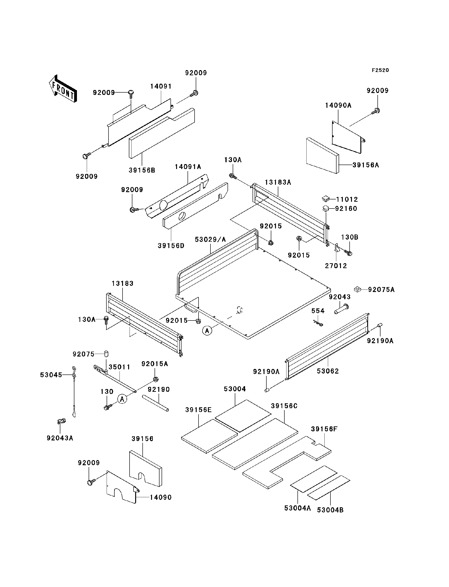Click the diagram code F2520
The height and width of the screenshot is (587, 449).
pos(380,70)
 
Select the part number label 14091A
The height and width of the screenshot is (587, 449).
pos(188,167)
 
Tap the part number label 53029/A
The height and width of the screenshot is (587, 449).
pos(210,239)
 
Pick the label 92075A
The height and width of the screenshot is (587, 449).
pos(381,290)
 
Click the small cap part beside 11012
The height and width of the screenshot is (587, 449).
pos(326,199)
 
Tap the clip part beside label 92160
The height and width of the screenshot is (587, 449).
pos(325,208)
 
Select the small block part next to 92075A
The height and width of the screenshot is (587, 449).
pos(357,289)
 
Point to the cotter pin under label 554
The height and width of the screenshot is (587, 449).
pos(318,323)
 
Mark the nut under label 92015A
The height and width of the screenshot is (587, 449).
pos(155,379)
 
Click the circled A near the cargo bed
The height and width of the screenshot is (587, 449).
pos(207,331)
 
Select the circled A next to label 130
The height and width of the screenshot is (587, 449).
pos(122,399)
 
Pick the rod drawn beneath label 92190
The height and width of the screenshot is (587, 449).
pos(155,403)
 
